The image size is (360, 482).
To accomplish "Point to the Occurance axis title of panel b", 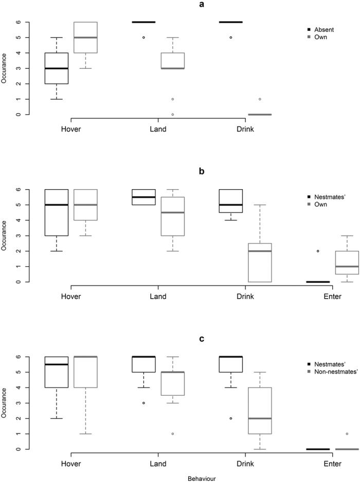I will point(5,236).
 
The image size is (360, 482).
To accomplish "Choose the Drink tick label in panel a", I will point(245,129).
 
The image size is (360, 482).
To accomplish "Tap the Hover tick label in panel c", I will point(70,464).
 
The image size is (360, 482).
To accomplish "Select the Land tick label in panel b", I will point(158,296).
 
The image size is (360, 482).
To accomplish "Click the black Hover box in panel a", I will point(57,68).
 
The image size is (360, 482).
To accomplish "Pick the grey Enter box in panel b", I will point(347,263).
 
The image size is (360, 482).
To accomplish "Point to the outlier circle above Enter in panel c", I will point(347,434).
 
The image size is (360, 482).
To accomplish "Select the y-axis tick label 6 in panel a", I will point(18,22).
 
